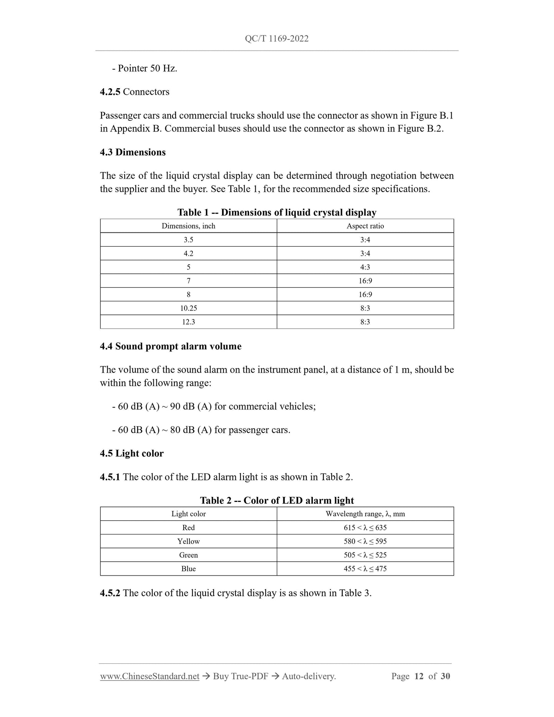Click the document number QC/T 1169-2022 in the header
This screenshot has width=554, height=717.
tap(276, 38)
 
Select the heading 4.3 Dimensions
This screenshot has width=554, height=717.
tap(133, 152)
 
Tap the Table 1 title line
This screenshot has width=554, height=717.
tap(277, 212)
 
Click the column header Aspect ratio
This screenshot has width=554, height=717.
tap(365, 226)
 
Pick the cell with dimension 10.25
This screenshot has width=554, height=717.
tap(188, 308)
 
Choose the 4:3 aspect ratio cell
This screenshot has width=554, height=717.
tap(365, 267)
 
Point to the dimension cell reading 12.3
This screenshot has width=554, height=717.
tap(188, 322)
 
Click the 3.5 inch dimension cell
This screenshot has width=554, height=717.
tap(188, 240)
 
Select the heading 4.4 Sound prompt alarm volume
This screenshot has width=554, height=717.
tap(171, 346)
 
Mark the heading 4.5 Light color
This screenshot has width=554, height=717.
tap(132, 453)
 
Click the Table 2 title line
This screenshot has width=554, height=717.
tap(277, 500)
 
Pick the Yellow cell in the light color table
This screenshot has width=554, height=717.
tap(188, 541)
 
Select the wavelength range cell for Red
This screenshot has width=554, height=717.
tap(365, 528)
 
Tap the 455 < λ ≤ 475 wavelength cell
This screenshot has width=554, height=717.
tap(365, 569)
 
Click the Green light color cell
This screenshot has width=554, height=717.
tap(188, 555)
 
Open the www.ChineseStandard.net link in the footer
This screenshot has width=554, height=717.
tap(150, 676)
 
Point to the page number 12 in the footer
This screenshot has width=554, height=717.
tap(419, 676)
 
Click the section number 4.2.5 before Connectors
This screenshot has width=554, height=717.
tap(110, 92)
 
